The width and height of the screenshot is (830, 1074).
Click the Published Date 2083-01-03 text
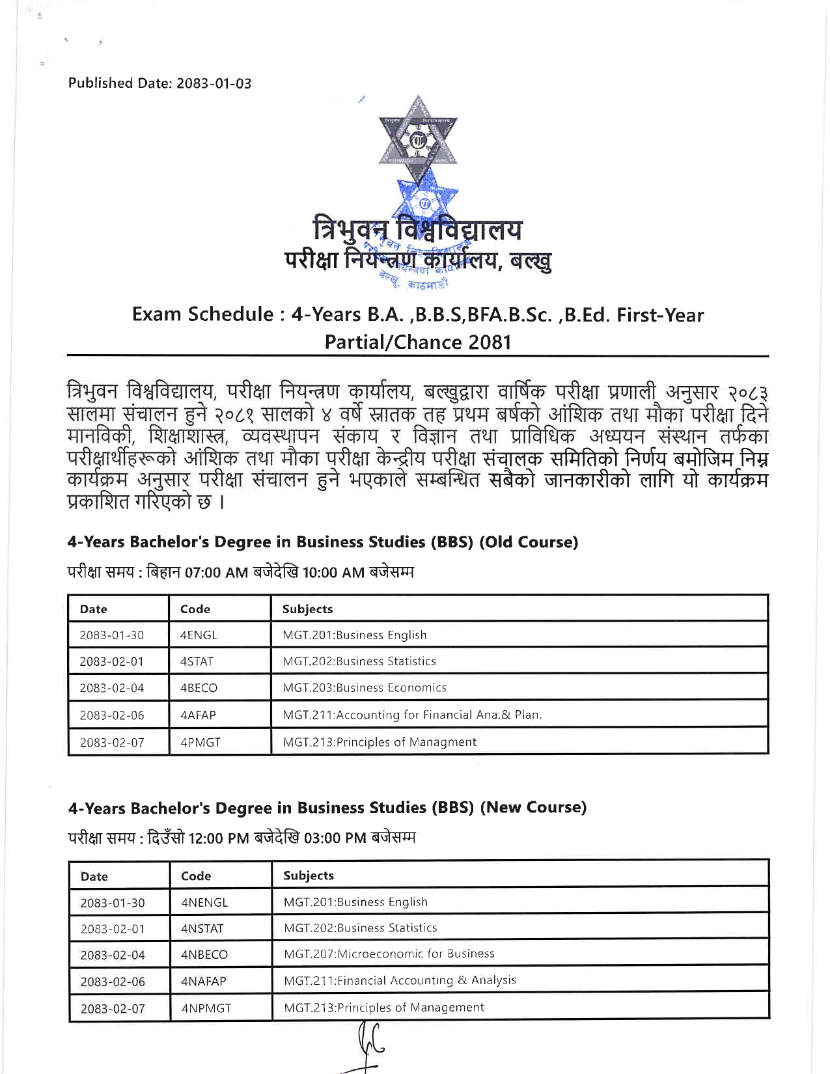(159, 83)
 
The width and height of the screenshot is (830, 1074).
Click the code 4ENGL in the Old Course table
(199, 635)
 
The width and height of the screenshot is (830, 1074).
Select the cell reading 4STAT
(197, 661)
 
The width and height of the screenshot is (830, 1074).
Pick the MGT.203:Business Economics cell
(365, 688)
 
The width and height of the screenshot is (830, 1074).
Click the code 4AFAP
(198, 715)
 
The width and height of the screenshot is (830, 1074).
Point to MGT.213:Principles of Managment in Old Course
(380, 742)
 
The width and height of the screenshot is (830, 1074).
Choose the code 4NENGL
(204, 903)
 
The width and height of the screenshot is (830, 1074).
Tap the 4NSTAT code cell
(202, 929)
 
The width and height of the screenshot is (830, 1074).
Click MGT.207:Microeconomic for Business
(389, 954)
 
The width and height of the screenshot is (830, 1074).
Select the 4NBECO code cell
(204, 956)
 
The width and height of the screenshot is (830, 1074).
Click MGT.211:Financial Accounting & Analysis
(400, 980)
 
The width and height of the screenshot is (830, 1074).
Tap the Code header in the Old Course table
(195, 609)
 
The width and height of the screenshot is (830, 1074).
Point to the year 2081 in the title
(482, 342)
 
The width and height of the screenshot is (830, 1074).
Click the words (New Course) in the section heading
(533, 808)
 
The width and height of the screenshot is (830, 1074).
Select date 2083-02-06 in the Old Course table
(112, 715)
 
